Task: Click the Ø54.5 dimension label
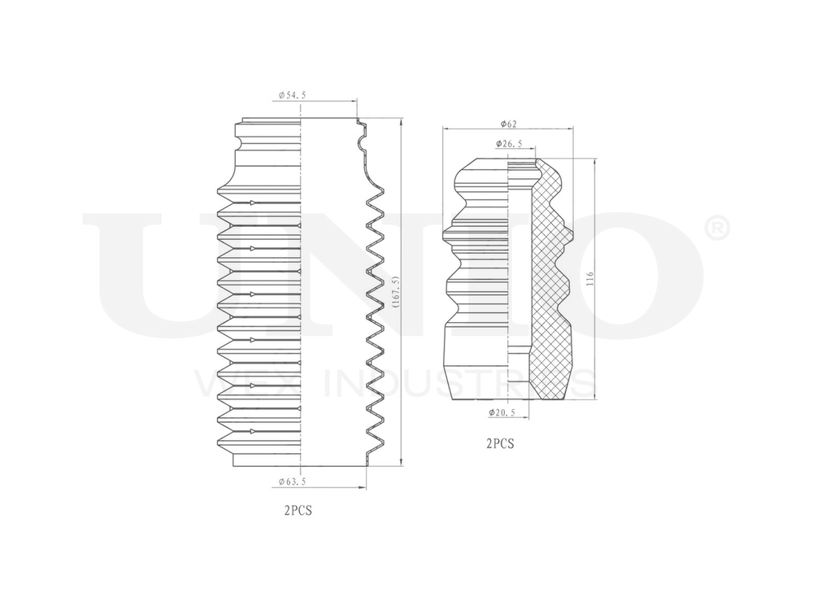292,95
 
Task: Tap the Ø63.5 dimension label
292,482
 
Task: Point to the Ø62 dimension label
509,124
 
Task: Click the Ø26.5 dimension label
509,145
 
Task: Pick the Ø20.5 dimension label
503,413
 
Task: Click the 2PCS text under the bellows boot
298,512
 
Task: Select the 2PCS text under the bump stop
500,444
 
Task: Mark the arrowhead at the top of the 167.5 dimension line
401,122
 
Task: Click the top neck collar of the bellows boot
268,129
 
